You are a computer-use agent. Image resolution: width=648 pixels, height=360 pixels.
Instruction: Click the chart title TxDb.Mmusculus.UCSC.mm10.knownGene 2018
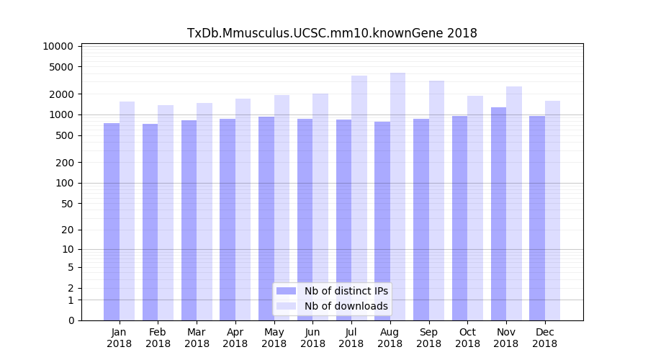pyautogui.click(x=332, y=33)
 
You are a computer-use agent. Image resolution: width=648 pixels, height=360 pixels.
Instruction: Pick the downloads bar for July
pyautogui.click(x=359, y=198)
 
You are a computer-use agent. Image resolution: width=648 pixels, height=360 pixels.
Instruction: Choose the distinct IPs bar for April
pyautogui.click(x=228, y=220)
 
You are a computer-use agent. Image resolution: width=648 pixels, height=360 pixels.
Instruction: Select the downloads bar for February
pyautogui.click(x=166, y=212)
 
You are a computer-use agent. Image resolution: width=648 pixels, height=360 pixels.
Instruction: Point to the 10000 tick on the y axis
pyautogui.click(x=58, y=46)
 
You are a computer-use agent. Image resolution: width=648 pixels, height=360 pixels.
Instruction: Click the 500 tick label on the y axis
pyautogui.click(x=64, y=135)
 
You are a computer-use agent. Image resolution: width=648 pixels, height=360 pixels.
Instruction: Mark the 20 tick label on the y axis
pyautogui.click(x=67, y=230)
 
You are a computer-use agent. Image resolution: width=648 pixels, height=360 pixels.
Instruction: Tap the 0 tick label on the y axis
pyautogui.click(x=71, y=320)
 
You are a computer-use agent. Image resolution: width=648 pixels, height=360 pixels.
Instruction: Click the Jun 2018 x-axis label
pyautogui.click(x=312, y=338)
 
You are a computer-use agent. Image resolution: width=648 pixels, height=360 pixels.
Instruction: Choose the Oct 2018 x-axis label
pyautogui.click(x=467, y=338)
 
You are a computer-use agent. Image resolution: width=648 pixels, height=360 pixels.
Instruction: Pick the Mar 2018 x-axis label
pyautogui.click(x=197, y=338)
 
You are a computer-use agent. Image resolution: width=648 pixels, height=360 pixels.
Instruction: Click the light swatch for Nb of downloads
pyautogui.click(x=286, y=306)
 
